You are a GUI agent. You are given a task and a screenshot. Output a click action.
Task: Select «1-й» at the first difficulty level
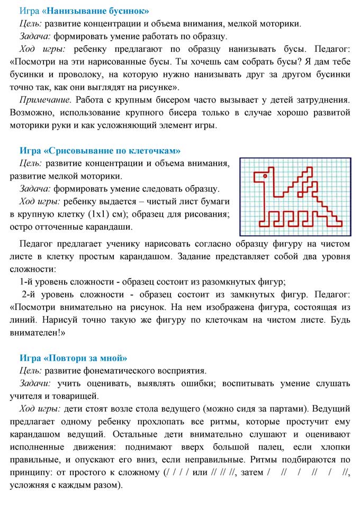click(28, 281)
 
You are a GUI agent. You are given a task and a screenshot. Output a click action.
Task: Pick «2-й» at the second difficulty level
click(30, 294)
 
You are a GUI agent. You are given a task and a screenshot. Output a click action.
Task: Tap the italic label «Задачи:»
click(35, 383)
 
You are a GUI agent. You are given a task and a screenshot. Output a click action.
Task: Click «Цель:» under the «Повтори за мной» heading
click(31, 370)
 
